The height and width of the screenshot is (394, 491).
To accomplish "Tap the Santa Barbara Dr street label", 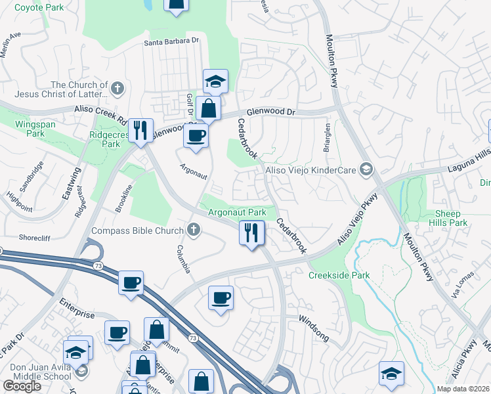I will coord(171,41).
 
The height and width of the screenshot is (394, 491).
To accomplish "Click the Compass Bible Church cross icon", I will coord(193,229).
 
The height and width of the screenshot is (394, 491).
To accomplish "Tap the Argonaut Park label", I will coord(237,212).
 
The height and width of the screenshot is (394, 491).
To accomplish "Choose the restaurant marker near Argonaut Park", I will coord(251,232).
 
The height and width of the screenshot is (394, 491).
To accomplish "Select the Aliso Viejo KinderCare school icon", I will coord(366,170).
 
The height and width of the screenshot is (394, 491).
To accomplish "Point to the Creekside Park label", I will coord(339,275).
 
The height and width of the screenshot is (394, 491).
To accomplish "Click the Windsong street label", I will coord(314,320).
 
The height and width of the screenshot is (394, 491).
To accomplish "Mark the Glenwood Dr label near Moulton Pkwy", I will coord(271,112).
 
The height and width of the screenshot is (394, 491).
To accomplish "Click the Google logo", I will coord(22,386).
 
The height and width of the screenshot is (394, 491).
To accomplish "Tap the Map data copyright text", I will coord(463,389).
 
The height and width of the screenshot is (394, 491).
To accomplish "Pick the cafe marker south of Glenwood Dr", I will coord(196,137).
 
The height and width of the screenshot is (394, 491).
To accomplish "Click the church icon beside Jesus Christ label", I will coord(117,88).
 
